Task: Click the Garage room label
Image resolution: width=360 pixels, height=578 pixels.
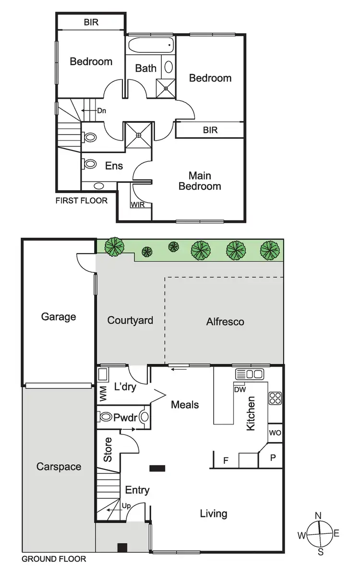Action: click(x=58, y=317)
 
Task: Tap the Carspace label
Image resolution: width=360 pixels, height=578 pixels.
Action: click(x=59, y=467)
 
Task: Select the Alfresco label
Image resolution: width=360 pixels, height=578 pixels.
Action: click(x=225, y=322)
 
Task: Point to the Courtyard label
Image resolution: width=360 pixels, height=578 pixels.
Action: click(x=130, y=320)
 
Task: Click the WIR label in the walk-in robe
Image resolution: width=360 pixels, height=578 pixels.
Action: click(x=138, y=205)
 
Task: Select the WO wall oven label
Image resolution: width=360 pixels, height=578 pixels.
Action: click(x=275, y=433)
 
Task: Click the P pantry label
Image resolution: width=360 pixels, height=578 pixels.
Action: click(x=273, y=458)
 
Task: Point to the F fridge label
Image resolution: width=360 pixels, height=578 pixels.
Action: click(x=226, y=461)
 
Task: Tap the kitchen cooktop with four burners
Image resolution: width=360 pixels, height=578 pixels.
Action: click(x=275, y=397)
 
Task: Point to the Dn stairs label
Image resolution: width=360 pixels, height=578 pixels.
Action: click(x=101, y=111)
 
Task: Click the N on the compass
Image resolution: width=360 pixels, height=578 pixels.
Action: click(x=318, y=516)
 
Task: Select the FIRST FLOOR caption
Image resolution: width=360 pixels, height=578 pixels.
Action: click(x=82, y=200)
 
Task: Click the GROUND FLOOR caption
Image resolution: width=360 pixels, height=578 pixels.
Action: click(x=54, y=559)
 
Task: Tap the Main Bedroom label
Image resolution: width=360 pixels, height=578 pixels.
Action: click(x=200, y=181)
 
